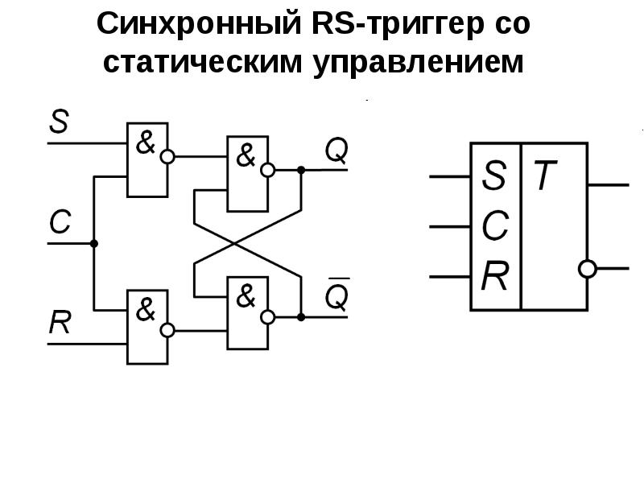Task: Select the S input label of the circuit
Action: pyautogui.click(x=59, y=123)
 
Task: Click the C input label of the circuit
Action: pyautogui.click(x=60, y=222)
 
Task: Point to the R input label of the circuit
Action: pyautogui.click(x=60, y=323)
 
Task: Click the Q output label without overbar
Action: pyautogui.click(x=336, y=149)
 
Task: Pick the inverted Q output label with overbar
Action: pyautogui.click(x=336, y=297)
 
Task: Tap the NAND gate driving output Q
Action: pyautogui.click(x=247, y=173)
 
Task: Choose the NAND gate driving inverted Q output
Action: pyautogui.click(x=247, y=313)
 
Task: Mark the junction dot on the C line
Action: pyautogui.click(x=94, y=243)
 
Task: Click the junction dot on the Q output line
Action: pyautogui.click(x=301, y=170)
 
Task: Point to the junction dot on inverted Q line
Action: pyautogui.click(x=301, y=317)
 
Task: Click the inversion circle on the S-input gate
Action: pyautogui.click(x=167, y=157)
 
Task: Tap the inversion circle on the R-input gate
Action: pyautogui.click(x=167, y=330)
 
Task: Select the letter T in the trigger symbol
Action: pyautogui.click(x=545, y=176)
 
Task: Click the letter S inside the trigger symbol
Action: pyautogui.click(x=494, y=176)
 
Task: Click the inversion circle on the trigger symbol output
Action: pyautogui.click(x=588, y=269)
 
